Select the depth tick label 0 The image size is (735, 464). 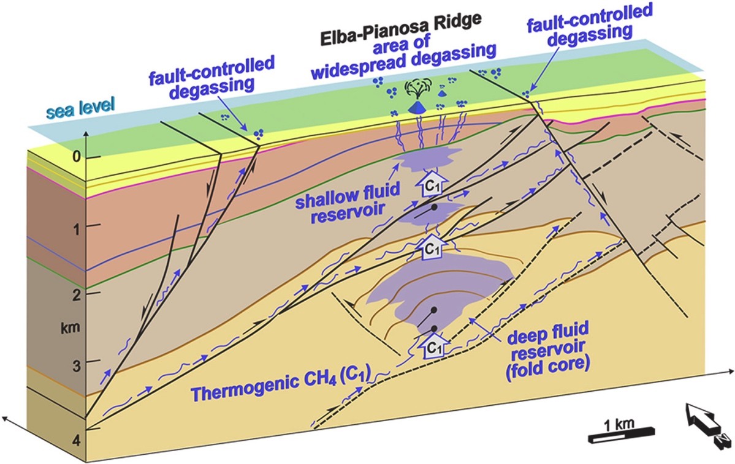coord(77,156)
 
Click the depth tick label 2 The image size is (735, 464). coord(77,294)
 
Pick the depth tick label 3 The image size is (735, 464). coord(76,365)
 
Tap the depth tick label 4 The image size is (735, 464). coord(76,441)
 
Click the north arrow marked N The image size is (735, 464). coord(706,422)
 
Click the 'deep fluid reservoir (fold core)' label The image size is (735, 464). coord(547,348)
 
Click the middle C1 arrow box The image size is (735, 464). coord(432,247)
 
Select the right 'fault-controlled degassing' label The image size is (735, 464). coord(590,25)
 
